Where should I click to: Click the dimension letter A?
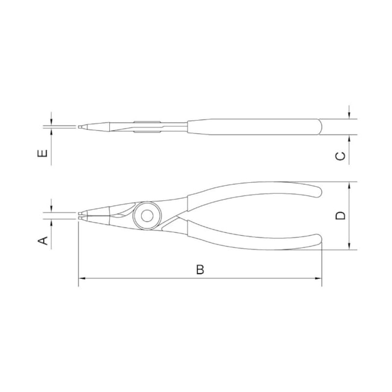[43, 241]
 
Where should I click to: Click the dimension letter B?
[200, 270]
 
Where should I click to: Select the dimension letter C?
[340, 156]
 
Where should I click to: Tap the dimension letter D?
[340, 215]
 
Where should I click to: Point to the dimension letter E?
[42, 153]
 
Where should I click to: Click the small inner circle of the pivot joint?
[147, 216]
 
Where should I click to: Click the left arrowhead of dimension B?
[82, 278]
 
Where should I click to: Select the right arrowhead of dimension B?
[318, 278]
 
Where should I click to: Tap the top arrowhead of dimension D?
[349, 186]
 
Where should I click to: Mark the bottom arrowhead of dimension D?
[349, 246]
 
